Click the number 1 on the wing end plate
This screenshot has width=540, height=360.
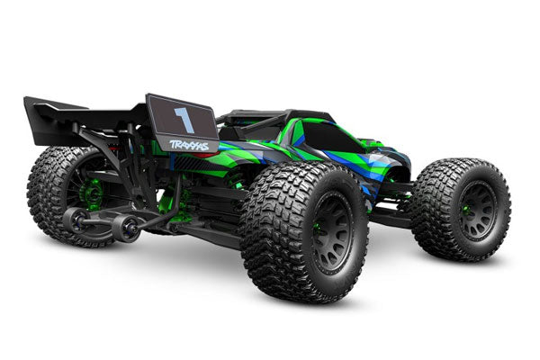click(x=185, y=119)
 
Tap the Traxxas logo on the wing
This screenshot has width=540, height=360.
click(x=189, y=146)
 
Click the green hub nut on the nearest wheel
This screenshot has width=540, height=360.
click(x=316, y=228)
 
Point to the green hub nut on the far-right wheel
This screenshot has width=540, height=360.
click(x=465, y=209)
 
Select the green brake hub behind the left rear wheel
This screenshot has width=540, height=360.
click(x=91, y=193)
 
